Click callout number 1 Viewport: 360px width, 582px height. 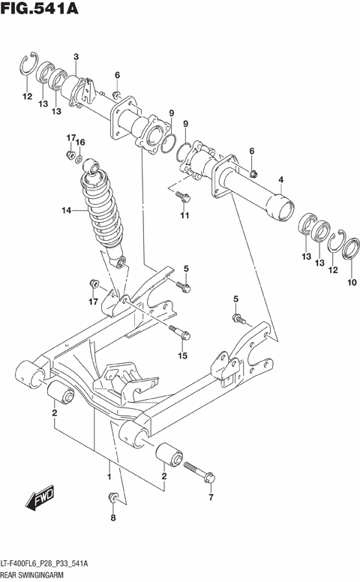[x=109, y=476]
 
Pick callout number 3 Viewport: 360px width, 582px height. [x=76, y=58]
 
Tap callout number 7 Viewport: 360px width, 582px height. [x=211, y=497]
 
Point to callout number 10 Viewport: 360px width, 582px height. [x=352, y=283]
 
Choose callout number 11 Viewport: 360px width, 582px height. [x=182, y=217]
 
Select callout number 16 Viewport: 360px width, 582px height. [x=81, y=142]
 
